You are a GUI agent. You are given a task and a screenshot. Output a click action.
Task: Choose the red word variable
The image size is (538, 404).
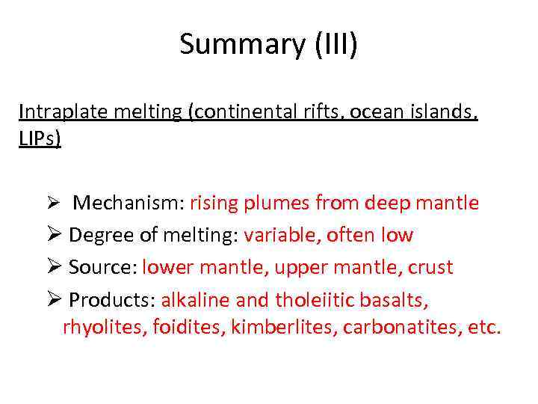(273, 235)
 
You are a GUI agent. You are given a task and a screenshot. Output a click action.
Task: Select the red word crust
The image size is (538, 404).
(428, 267)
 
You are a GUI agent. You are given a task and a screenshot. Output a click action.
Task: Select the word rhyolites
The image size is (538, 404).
(97, 327)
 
